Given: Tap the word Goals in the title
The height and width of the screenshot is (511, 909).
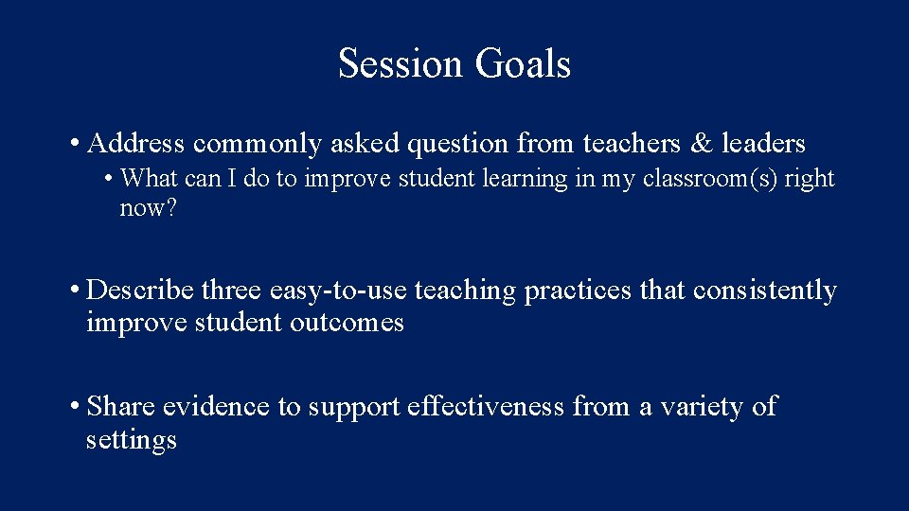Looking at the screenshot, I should pos(523,64).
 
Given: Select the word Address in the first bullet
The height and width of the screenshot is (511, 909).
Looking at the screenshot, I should pos(134,144).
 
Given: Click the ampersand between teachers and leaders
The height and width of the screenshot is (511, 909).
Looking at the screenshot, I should pos(702,144).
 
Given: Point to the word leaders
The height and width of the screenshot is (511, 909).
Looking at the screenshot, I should pos(763,144).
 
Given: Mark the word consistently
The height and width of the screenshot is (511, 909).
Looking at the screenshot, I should pos(765,291).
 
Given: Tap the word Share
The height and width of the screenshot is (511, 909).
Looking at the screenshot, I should pos(121,407).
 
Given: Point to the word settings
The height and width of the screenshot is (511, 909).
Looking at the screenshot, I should pos(131,440).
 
